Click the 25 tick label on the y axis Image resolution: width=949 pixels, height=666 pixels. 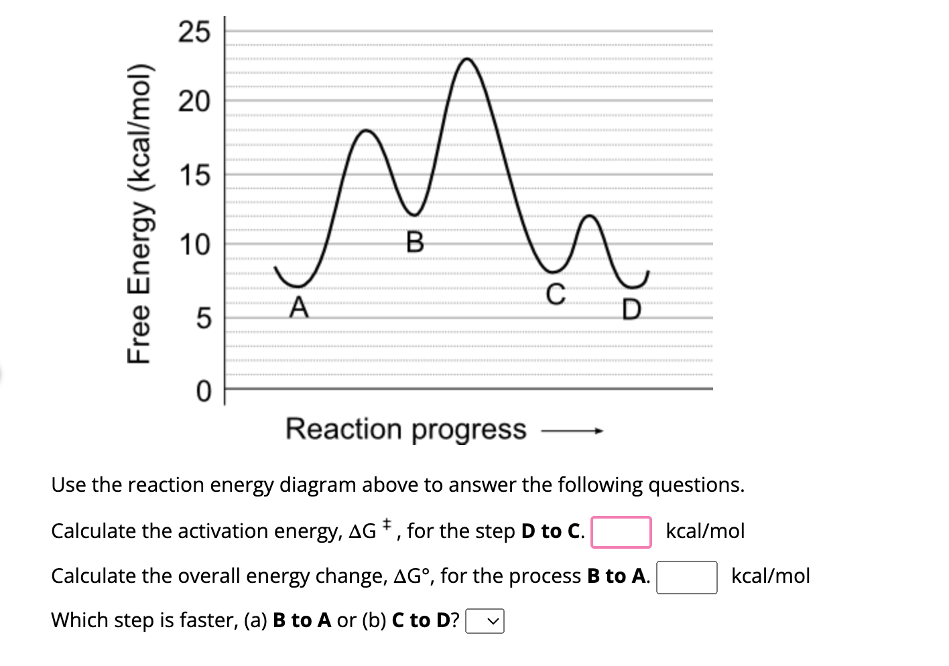(x=194, y=31)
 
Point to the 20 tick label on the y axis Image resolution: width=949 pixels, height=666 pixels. (x=194, y=102)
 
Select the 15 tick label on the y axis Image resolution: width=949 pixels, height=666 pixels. (x=194, y=176)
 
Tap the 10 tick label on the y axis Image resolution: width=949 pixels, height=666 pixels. (x=194, y=245)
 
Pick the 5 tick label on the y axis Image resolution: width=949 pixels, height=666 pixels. (x=203, y=318)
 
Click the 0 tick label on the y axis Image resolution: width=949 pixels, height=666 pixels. (x=203, y=391)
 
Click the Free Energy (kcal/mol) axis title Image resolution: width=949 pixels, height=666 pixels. (x=140, y=214)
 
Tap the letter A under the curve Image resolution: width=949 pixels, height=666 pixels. (x=299, y=308)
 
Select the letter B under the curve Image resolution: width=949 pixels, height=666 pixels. (x=415, y=242)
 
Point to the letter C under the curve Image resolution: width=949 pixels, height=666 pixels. (x=556, y=294)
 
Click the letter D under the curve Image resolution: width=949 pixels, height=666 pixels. (x=631, y=310)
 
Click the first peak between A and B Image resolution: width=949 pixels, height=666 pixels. (x=367, y=130)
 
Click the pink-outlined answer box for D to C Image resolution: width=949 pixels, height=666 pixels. (x=621, y=532)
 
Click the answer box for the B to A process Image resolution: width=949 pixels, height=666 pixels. (x=686, y=578)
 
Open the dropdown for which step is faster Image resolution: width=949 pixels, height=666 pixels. (x=485, y=622)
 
